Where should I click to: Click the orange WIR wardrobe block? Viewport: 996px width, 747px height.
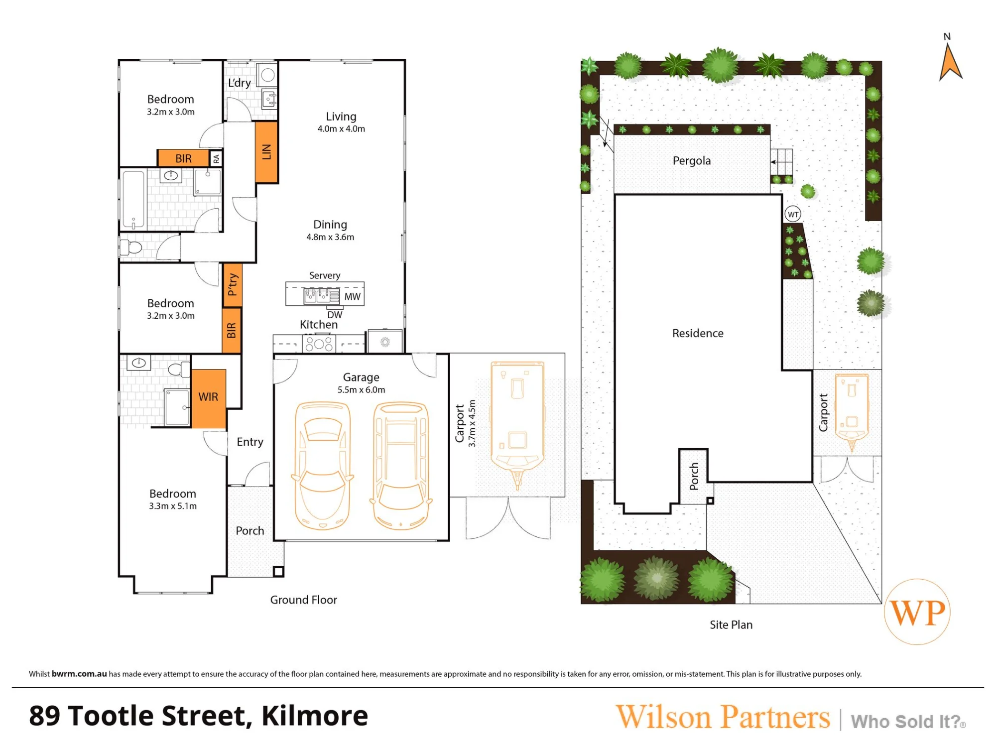(x=209, y=398)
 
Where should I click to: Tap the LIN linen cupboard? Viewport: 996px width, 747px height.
(x=266, y=152)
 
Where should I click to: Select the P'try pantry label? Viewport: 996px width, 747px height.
(x=232, y=285)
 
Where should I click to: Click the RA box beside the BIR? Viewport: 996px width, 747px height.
(x=216, y=158)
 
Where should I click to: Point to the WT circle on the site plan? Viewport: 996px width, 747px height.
(x=793, y=214)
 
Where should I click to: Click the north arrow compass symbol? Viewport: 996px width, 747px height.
(x=950, y=62)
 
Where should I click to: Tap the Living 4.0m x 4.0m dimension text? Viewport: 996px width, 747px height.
(x=342, y=129)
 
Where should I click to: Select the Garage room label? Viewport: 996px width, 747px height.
(x=361, y=377)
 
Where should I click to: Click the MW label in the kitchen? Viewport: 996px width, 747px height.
(x=353, y=297)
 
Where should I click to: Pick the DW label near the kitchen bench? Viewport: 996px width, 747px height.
(x=335, y=315)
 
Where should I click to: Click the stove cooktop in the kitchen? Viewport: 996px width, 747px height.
(x=319, y=344)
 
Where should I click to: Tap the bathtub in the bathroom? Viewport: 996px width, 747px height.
(x=133, y=200)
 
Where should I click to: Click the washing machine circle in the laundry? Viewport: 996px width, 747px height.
(x=268, y=75)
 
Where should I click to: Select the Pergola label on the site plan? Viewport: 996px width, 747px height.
(x=692, y=161)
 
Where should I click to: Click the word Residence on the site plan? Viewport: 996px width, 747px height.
(x=698, y=333)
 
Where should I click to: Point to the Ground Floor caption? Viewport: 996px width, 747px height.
(x=304, y=600)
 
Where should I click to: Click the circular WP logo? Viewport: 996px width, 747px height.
(x=917, y=612)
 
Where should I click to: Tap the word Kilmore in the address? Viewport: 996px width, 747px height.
(x=315, y=716)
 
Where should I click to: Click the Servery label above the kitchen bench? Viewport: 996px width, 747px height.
(x=325, y=275)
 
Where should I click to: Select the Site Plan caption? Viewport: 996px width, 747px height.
(x=731, y=625)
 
